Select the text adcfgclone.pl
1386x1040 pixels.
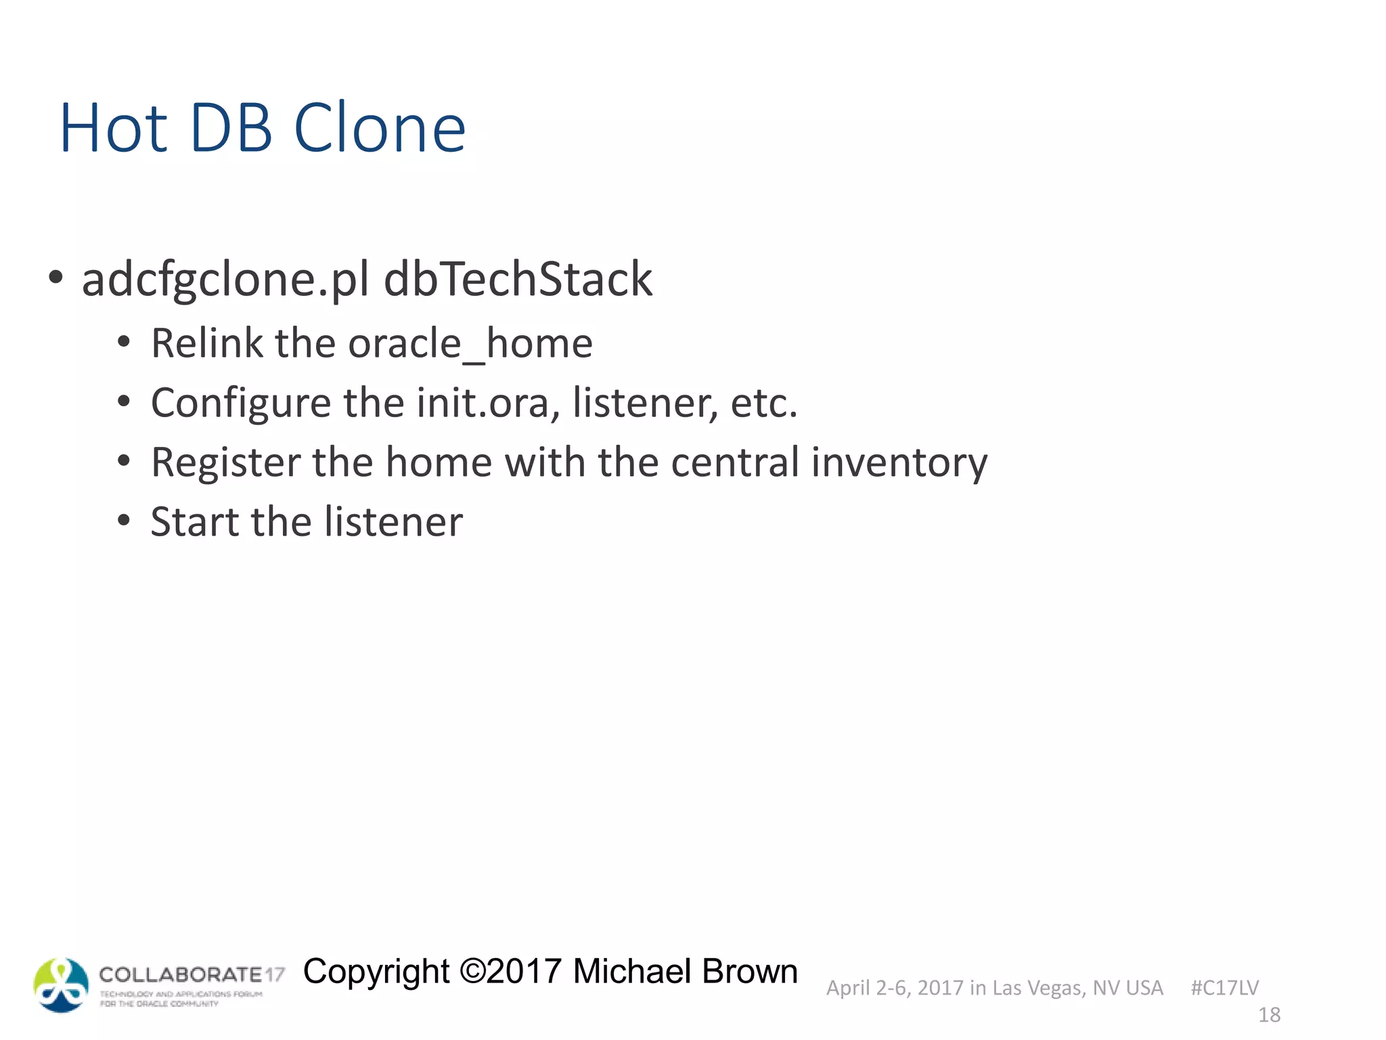[x=225, y=279]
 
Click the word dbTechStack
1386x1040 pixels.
[x=518, y=279]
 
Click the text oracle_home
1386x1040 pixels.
[x=470, y=343]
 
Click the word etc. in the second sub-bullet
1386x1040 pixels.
[x=764, y=402]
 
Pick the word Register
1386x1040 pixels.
[x=225, y=462]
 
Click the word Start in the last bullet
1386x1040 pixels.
[x=196, y=521]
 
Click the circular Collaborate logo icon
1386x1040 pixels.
[x=61, y=985]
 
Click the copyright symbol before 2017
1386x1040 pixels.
[x=472, y=971]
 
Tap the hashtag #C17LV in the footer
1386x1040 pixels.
[x=1224, y=988]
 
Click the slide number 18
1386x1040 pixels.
[x=1269, y=1015]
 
